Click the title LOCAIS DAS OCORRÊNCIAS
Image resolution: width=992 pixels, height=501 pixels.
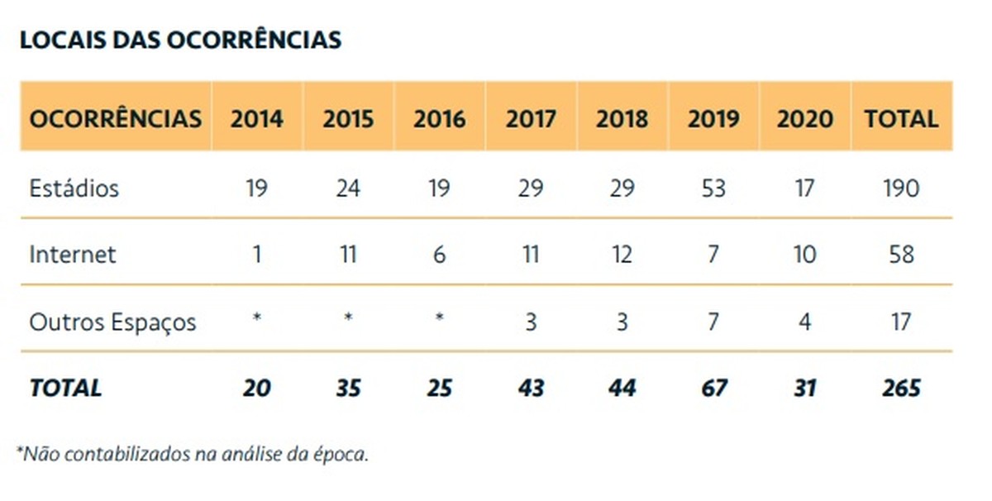pos(180,40)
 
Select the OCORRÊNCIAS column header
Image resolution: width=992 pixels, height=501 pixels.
pos(115,118)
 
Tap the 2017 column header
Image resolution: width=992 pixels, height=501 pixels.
pos(531,118)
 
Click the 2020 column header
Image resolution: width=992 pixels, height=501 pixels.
pos(804,118)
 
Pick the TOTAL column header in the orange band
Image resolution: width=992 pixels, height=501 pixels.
pos(901,118)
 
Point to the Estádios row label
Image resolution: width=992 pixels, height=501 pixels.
pos(74,188)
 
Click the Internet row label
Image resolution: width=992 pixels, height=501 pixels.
pos(73,254)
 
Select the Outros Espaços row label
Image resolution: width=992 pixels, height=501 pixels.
pos(112,322)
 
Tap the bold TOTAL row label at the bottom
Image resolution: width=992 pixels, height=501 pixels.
pos(65,388)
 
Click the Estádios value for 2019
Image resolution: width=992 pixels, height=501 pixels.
pos(713,188)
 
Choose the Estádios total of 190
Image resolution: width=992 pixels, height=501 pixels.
pos(900,188)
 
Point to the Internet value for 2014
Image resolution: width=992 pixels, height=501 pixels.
pos(257,254)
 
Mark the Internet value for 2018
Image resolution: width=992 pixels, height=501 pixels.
pos(622,254)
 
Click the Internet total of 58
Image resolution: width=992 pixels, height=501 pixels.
pos(901,254)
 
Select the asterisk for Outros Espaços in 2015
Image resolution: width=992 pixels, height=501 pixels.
pos(348,317)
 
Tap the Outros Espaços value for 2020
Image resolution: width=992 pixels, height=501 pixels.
pos(804,322)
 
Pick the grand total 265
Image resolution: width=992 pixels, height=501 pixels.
pos(900,388)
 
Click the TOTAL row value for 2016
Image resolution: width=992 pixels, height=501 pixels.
pos(439,388)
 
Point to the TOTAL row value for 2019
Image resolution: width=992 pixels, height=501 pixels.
pos(713,388)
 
